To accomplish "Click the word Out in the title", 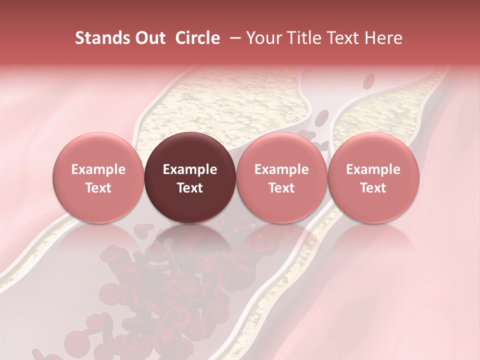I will [x=149, y=38].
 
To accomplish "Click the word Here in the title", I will [x=383, y=38].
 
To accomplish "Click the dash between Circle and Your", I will [x=233, y=38].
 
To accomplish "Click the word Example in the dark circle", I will [x=190, y=169].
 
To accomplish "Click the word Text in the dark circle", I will [x=190, y=188].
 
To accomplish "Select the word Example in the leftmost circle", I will [x=98, y=169].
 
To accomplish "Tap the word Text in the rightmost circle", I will [x=373, y=188].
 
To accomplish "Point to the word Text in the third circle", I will [x=281, y=188].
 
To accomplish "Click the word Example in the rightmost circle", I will [x=373, y=169].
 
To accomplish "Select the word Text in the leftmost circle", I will [x=98, y=188].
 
